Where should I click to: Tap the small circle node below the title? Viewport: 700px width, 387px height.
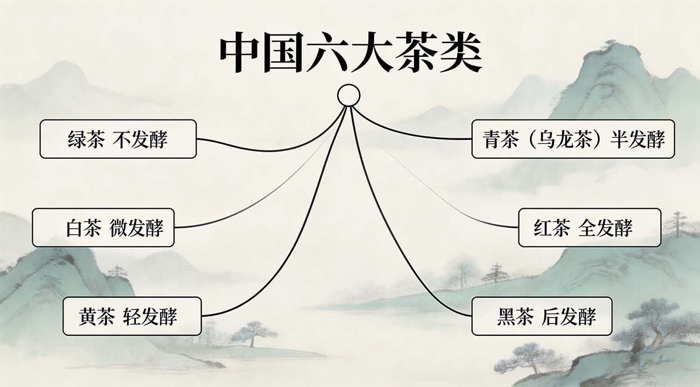coord(348,95)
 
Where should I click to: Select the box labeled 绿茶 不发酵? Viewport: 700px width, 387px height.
coord(118,139)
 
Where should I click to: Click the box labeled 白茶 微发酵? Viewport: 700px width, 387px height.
coord(103,228)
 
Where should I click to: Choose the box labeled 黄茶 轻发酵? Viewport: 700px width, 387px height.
coord(132,316)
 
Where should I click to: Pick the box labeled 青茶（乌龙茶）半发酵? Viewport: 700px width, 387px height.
coord(573,139)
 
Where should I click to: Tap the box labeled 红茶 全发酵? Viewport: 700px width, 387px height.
coord(589,228)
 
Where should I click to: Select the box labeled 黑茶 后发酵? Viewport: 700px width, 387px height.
coord(542,316)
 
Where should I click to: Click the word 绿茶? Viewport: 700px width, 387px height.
coord(86,139)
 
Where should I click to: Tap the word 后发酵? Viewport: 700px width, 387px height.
coord(569,316)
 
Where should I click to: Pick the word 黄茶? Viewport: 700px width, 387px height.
coord(96,316)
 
